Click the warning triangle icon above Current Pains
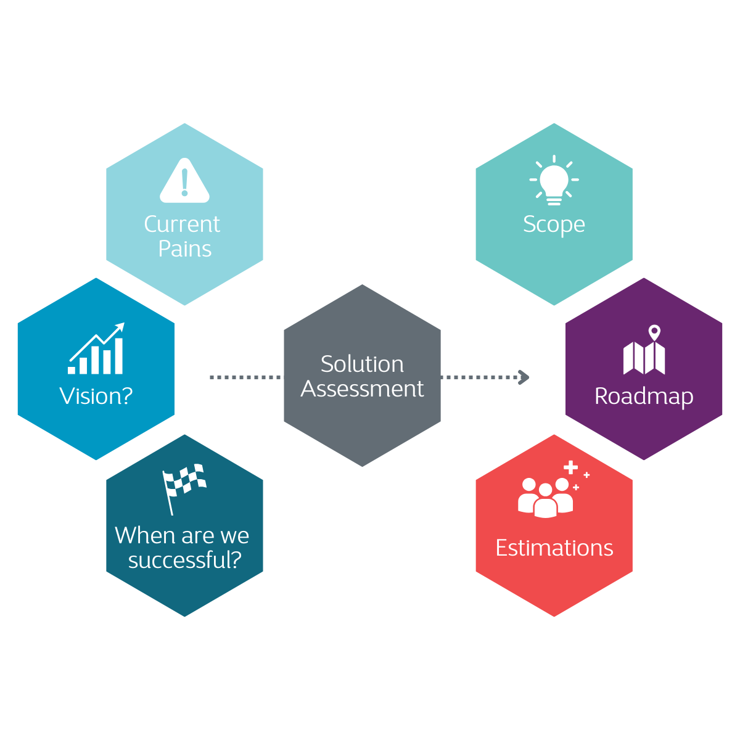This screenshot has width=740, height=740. [184, 181]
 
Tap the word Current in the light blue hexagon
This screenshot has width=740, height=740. [182, 224]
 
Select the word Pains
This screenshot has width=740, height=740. [184, 249]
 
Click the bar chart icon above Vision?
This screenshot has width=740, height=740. [97, 350]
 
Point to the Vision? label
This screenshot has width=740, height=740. [96, 396]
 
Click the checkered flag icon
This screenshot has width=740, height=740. [183, 487]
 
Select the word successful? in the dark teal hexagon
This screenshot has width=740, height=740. [184, 561]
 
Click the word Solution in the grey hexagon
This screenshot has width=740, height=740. [362, 364]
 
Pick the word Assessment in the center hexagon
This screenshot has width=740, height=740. [362, 389]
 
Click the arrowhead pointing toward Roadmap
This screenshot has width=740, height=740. [524, 377]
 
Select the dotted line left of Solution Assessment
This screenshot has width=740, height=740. [245, 377]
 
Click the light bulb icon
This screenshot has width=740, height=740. [554, 181]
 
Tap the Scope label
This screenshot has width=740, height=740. [554, 224]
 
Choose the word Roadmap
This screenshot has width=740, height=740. [644, 397]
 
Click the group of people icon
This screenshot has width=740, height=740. [545, 498]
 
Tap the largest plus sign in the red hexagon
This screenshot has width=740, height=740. [570, 467]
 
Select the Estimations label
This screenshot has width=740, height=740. [554, 548]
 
